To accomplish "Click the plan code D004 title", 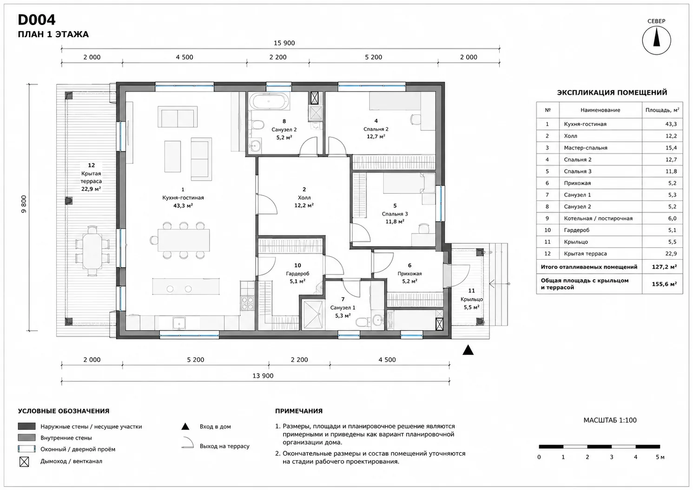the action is tap(37, 20).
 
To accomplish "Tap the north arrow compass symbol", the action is tap(656, 40).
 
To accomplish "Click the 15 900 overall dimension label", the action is tap(284, 43).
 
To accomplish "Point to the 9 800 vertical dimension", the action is tap(24, 204).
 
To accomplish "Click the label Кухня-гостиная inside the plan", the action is tap(183, 197).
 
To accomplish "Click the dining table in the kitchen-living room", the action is tap(184, 240).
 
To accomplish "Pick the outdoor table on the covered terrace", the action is tap(92, 251).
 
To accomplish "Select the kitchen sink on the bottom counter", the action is tap(179, 323).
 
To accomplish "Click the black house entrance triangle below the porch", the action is tap(468, 350).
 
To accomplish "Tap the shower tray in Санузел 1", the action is tap(313, 314).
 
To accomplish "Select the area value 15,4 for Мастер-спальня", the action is tap(671, 148).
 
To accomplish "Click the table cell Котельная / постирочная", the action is tap(598, 218).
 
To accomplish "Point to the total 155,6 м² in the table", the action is tap(664, 284).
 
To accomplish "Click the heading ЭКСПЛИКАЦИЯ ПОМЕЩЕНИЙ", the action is tap(612, 92).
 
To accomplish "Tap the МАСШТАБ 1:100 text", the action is tap(610, 420).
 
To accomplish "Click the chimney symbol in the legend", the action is tap(24, 462).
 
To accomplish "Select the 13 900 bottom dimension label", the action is tap(263, 376).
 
